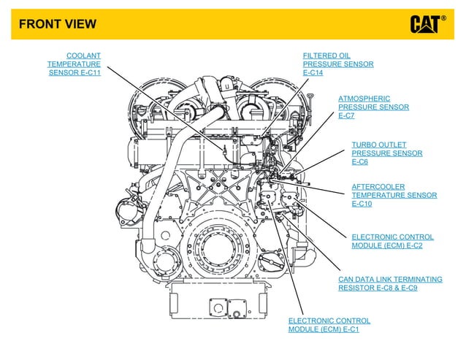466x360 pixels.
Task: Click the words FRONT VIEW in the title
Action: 57,24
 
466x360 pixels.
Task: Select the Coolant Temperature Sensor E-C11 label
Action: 75,64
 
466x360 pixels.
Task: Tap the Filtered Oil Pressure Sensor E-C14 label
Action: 337,64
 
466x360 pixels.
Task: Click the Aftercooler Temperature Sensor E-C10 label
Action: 394,195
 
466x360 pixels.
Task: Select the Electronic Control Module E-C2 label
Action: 392,242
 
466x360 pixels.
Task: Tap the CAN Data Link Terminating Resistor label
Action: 390,284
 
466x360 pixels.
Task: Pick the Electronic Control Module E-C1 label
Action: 329,325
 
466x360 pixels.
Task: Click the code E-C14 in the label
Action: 313,73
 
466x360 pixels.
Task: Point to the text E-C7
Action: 346,116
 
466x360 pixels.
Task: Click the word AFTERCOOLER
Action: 378,186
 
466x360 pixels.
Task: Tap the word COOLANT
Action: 83,55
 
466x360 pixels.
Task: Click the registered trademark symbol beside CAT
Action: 443,18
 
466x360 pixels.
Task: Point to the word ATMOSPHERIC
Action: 364,99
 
